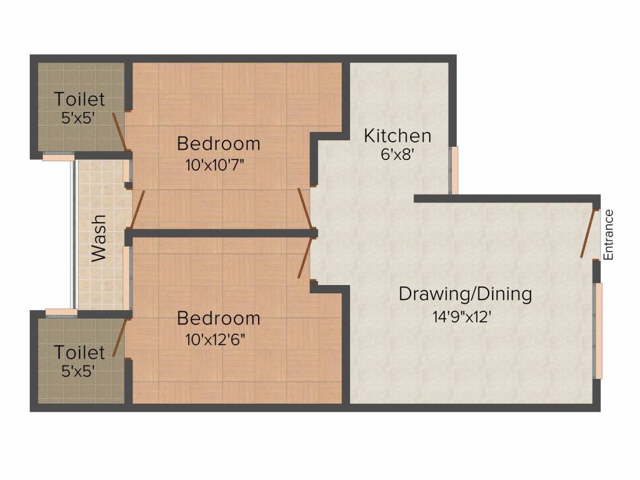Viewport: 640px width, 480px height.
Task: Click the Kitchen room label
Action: [397, 135]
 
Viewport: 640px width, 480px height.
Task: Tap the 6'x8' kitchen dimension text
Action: [397, 154]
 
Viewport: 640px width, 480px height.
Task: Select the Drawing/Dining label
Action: [466, 293]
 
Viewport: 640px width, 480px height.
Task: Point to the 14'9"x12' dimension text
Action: [466, 316]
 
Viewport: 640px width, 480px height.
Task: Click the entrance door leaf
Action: [587, 232]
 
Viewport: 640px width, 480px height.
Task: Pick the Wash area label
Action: [99, 238]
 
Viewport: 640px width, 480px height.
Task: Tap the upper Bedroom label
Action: [218, 143]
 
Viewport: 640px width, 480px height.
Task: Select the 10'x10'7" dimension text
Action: [218, 166]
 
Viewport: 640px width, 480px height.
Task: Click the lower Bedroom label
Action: [218, 318]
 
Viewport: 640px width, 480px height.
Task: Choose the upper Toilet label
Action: [79, 99]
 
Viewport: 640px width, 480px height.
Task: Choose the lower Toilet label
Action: [79, 352]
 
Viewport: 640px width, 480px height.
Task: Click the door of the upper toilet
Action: [120, 132]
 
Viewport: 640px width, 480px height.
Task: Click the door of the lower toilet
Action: [119, 337]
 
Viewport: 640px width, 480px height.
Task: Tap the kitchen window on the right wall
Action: [455, 170]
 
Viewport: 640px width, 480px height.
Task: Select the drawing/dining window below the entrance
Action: [598, 331]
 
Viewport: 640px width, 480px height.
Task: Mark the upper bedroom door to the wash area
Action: [137, 210]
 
